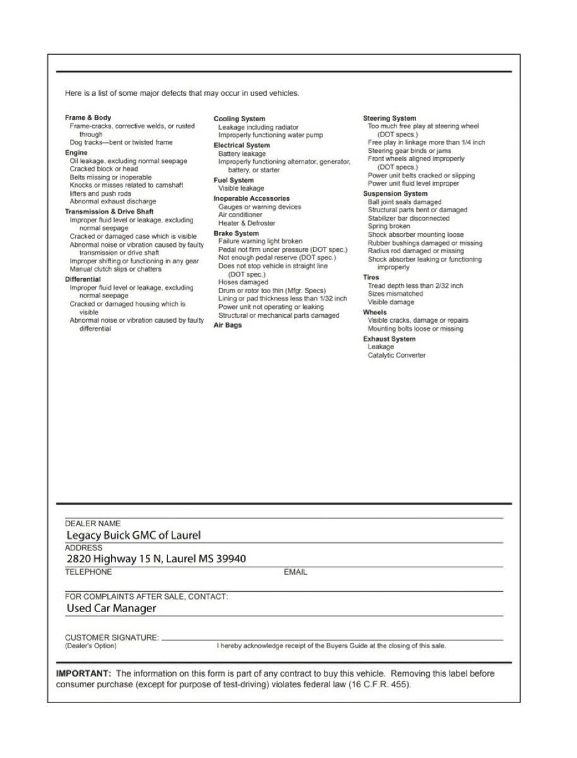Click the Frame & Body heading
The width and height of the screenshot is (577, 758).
click(x=88, y=117)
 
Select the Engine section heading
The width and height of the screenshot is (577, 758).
click(x=76, y=152)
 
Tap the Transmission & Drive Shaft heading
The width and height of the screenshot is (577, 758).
click(x=109, y=212)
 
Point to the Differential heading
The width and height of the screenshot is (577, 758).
click(x=83, y=279)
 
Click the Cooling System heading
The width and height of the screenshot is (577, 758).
click(x=239, y=119)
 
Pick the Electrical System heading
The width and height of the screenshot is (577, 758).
click(x=242, y=145)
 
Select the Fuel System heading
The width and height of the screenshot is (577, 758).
click(x=234, y=180)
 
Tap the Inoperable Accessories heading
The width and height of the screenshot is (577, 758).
click(x=251, y=198)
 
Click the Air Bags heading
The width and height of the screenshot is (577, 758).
click(x=227, y=325)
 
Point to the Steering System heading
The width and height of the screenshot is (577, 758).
click(x=390, y=118)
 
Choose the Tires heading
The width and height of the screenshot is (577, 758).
click(x=371, y=277)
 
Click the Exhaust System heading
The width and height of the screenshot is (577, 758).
click(x=390, y=339)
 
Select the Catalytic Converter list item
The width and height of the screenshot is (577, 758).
click(x=396, y=355)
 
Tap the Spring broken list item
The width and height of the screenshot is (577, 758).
click(x=389, y=226)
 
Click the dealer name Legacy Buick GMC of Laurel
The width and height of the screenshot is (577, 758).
click(x=134, y=535)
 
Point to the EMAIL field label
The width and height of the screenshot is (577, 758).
click(x=295, y=572)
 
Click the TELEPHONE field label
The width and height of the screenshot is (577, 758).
click(x=88, y=572)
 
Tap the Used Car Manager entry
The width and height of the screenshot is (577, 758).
click(x=111, y=608)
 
